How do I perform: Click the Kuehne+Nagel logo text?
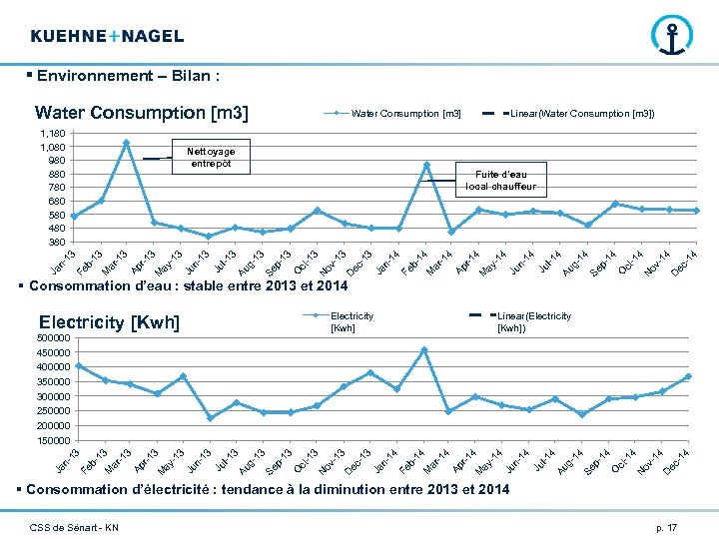point(107,36)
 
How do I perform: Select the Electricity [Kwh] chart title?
point(109,322)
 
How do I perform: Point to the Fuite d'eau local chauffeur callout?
point(500,180)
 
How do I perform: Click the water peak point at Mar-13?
point(127,143)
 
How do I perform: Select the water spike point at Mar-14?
point(426,165)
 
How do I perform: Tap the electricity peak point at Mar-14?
point(424,349)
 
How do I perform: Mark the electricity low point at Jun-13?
point(210,418)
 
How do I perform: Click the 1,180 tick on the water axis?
point(53,134)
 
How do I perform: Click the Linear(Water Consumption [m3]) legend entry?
point(579,114)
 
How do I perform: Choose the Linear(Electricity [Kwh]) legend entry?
point(533,321)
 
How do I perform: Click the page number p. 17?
point(666,526)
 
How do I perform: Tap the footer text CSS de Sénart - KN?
point(74,526)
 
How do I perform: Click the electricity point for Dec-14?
point(688,376)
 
